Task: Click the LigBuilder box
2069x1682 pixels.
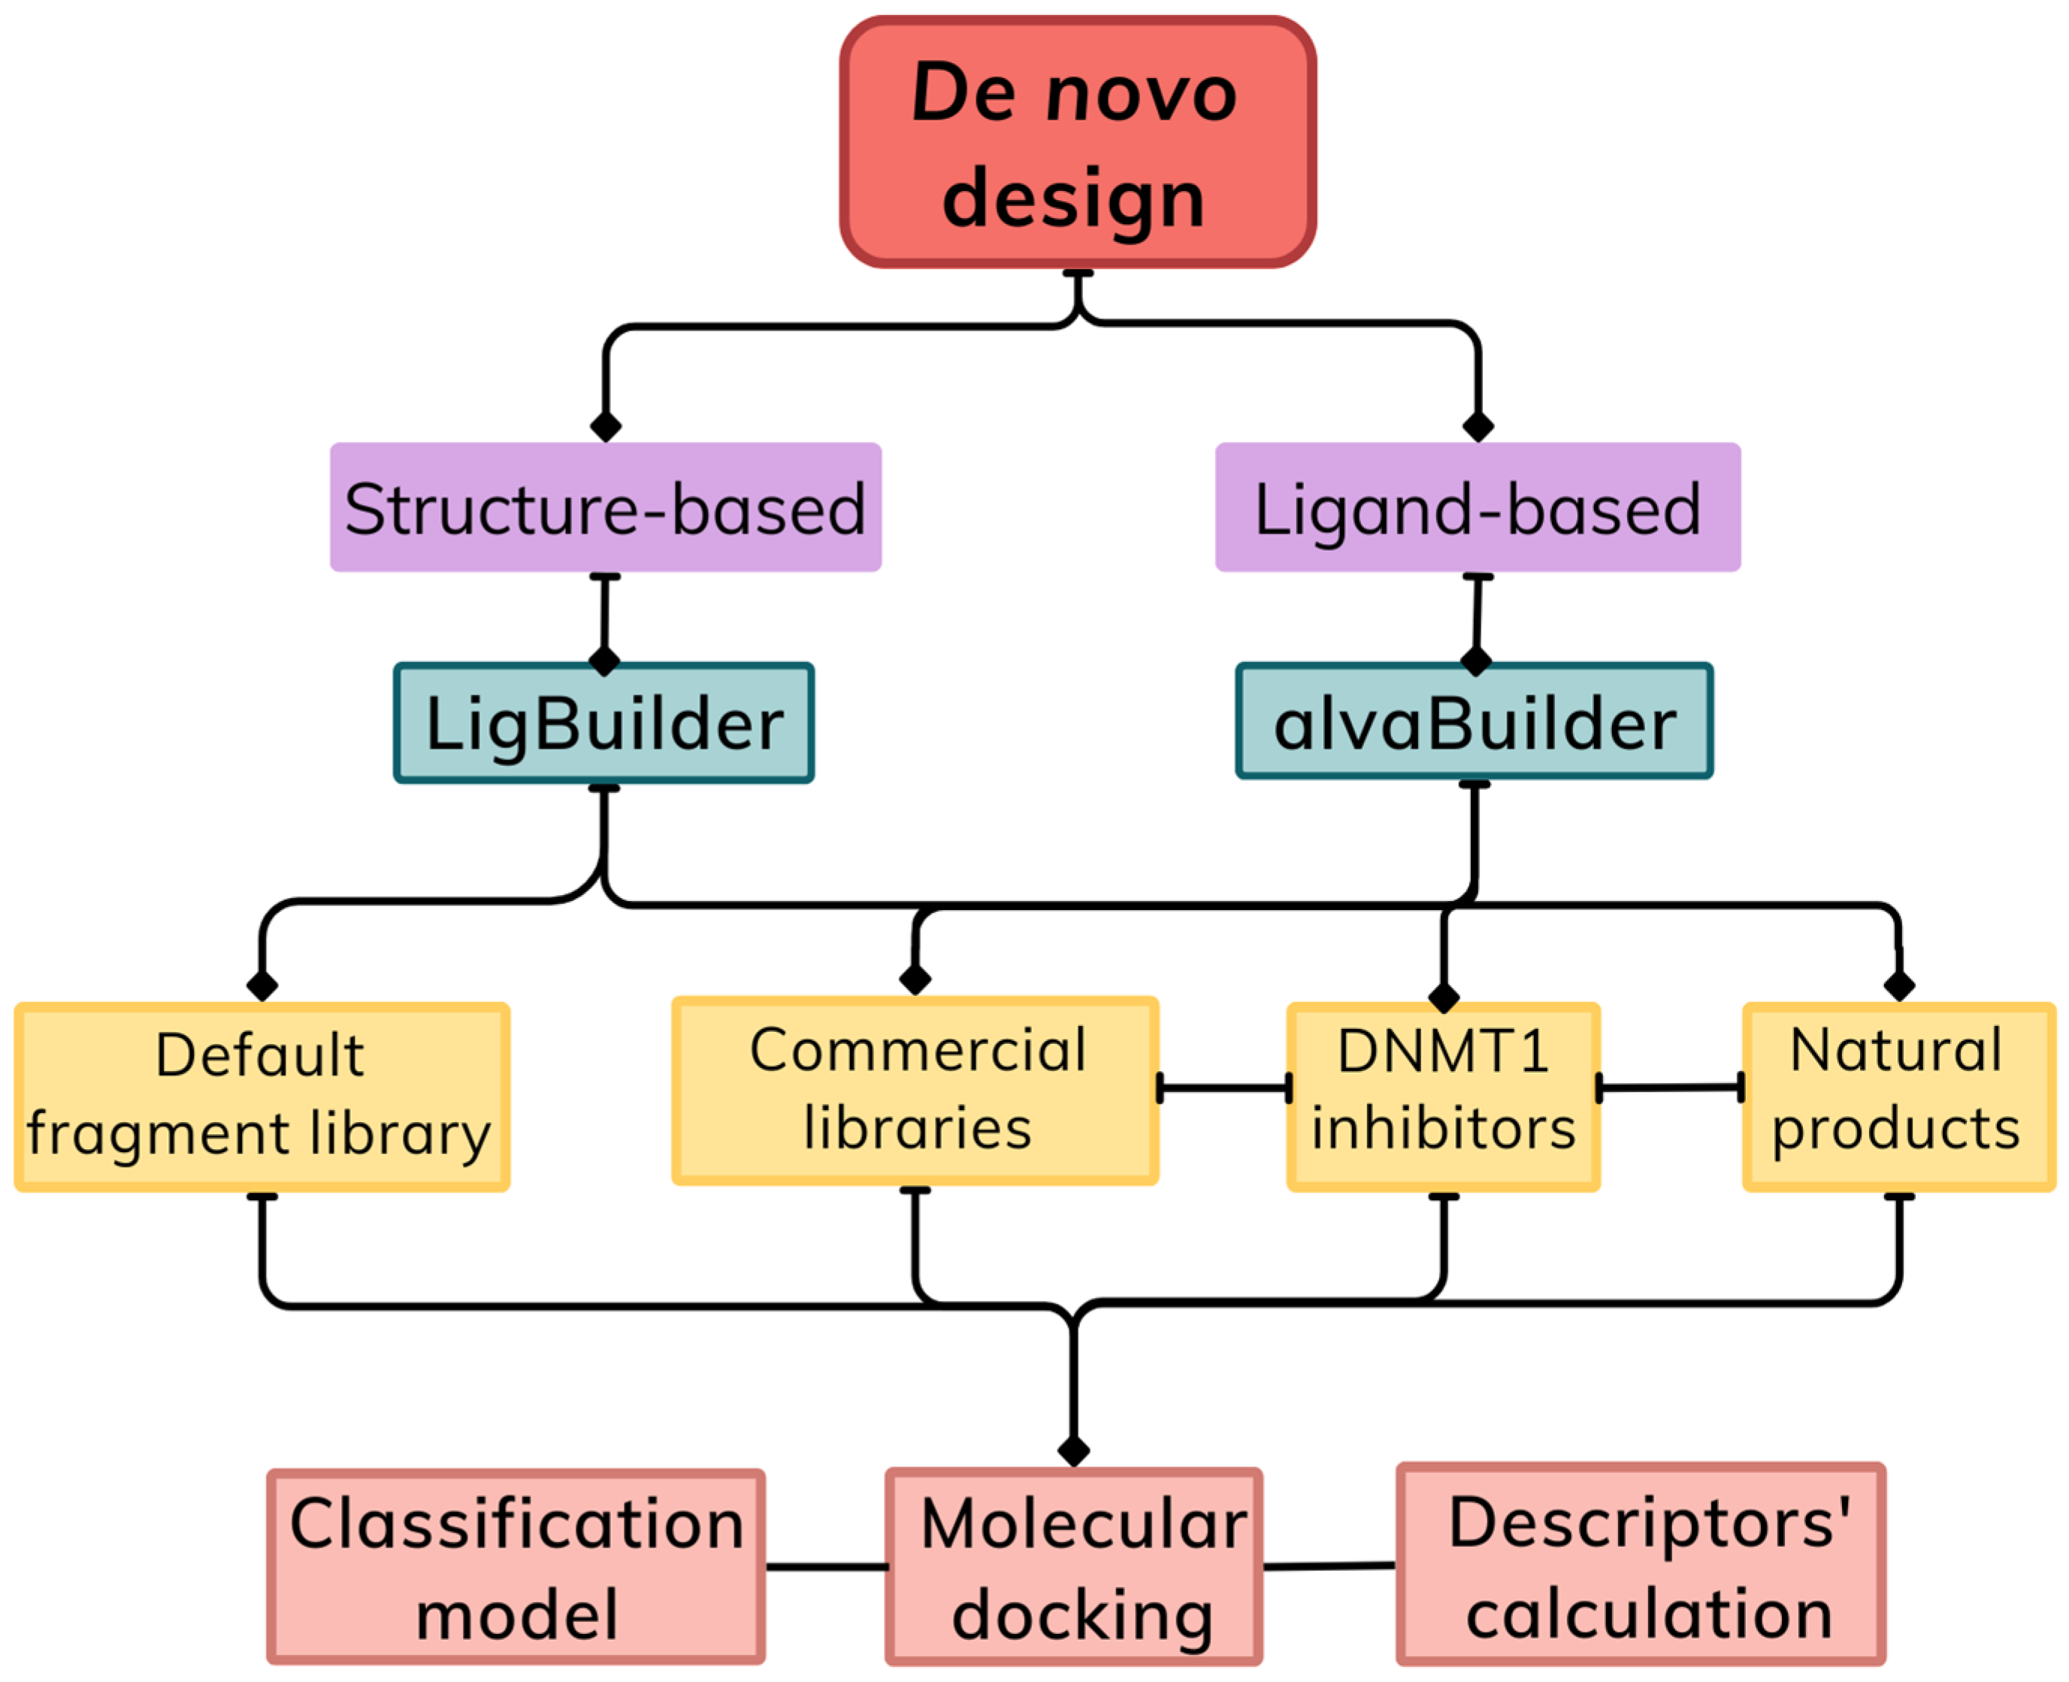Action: tap(603, 723)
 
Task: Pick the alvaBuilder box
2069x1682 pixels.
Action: tap(1475, 721)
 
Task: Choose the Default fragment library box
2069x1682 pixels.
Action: tap(262, 1096)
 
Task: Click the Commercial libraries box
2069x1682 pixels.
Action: tap(915, 1090)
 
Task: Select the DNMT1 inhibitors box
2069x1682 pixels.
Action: tap(1443, 1096)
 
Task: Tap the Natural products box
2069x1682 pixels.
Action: tap(1898, 1096)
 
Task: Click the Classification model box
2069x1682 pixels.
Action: tap(516, 1567)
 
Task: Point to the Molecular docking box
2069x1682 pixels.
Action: tap(1074, 1567)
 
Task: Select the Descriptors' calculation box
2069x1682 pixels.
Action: tap(1641, 1564)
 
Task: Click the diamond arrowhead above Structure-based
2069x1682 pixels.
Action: tap(606, 426)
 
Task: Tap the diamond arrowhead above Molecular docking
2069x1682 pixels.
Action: tap(1073, 1451)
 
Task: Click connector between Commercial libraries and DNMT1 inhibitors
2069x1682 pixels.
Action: tap(1224, 1087)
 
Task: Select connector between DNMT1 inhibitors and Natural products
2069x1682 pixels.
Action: tap(1670, 1087)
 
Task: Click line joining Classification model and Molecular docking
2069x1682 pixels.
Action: tap(825, 1567)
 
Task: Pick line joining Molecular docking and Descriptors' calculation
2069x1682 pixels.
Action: tap(1329, 1566)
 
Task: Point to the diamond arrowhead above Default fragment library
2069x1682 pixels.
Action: tap(262, 985)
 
